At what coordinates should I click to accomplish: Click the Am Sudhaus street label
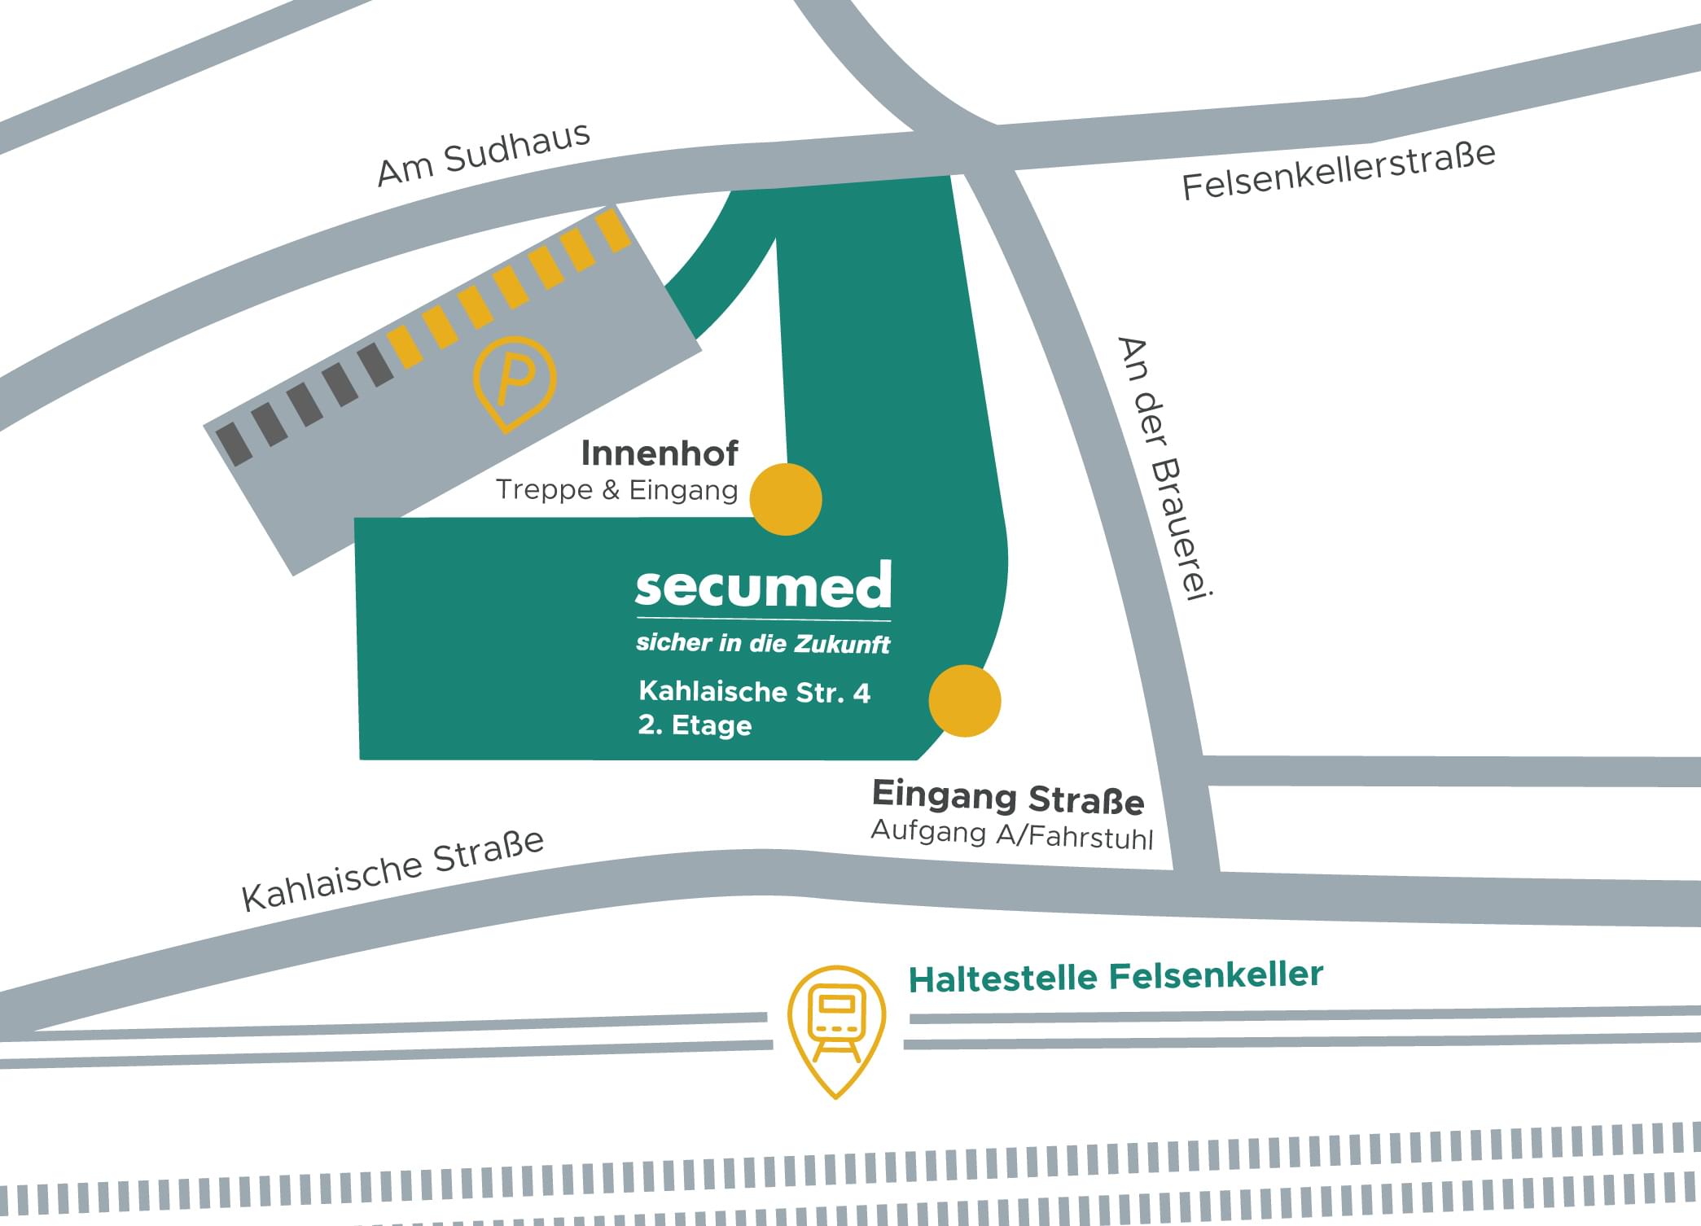tap(484, 154)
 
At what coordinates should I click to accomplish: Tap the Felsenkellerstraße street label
tap(1338, 171)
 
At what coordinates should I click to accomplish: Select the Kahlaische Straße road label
tap(392, 869)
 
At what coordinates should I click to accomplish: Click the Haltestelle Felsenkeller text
tap(1116, 977)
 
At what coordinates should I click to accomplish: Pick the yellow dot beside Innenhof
tap(786, 499)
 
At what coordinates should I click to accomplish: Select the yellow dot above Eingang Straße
tap(965, 701)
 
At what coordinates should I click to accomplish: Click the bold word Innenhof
tap(660, 453)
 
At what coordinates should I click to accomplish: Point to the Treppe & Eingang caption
tap(616, 490)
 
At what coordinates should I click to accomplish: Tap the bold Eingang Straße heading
tap(1008, 797)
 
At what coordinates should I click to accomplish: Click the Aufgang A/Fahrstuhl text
tap(1012, 834)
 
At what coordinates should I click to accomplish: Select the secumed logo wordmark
tap(763, 586)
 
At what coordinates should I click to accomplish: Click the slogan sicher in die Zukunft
tap(763, 643)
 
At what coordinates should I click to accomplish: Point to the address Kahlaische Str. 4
tap(755, 692)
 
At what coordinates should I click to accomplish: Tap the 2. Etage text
tap(695, 725)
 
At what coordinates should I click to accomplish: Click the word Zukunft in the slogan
tap(842, 644)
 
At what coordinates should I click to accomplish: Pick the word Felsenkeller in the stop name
tap(1216, 975)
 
